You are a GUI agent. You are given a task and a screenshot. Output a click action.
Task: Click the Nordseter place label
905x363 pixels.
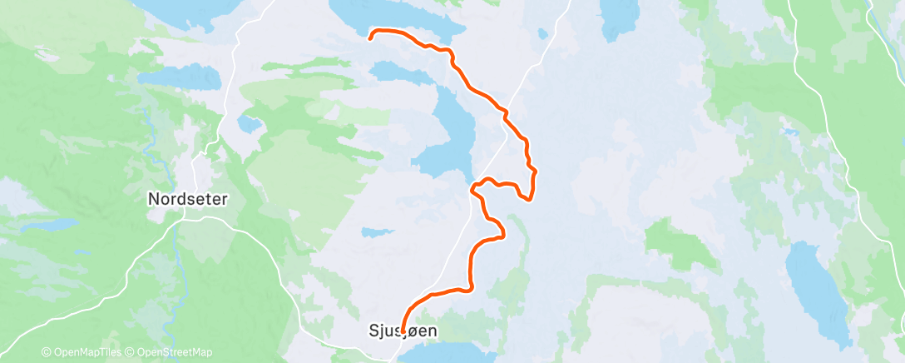pyautogui.click(x=187, y=199)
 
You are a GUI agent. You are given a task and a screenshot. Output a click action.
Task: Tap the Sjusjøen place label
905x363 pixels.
pyautogui.click(x=403, y=330)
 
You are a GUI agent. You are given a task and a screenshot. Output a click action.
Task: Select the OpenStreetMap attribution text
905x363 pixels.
pyautogui.click(x=176, y=353)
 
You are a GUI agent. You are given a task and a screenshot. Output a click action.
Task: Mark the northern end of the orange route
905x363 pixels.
pyautogui.click(x=371, y=35)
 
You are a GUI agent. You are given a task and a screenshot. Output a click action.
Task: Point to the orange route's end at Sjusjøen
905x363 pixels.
pyautogui.click(x=403, y=332)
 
